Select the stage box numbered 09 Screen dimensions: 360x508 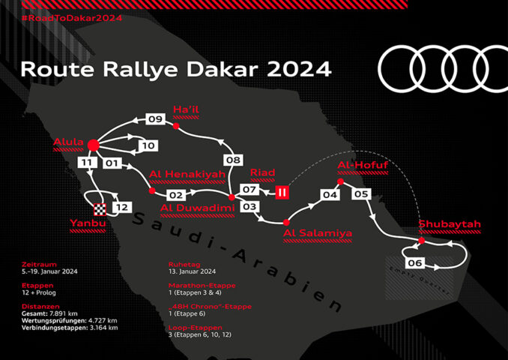point(155,118)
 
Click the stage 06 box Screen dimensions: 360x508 point(415,262)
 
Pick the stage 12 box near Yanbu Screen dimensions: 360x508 point(122,207)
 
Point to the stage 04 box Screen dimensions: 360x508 point(330,194)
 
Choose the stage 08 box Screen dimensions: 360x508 point(232,160)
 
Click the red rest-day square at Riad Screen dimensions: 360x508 point(282,192)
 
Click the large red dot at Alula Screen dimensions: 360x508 point(94,145)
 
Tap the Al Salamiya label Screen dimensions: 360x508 point(318,233)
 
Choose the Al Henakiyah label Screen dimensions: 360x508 point(187,175)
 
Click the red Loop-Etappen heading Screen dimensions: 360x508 point(196,328)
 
